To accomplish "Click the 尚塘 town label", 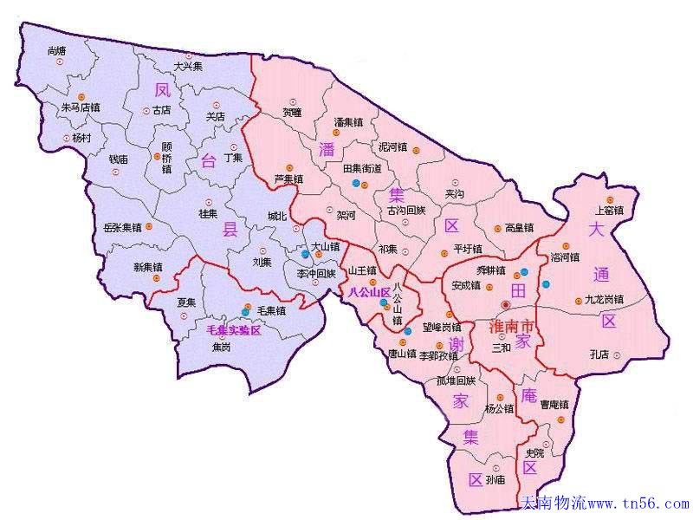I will pyautogui.click(x=57, y=52).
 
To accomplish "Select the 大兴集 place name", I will pyautogui.click(x=188, y=66).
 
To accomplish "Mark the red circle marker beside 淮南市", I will pyautogui.click(x=506, y=304).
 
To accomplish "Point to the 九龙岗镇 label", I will pyautogui.click(x=604, y=299).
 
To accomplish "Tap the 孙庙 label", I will pyautogui.click(x=495, y=478).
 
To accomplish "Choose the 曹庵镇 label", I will pyautogui.click(x=554, y=404).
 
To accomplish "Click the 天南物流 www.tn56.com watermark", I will pyautogui.click(x=606, y=504).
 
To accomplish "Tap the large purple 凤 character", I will pyautogui.click(x=162, y=89).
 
